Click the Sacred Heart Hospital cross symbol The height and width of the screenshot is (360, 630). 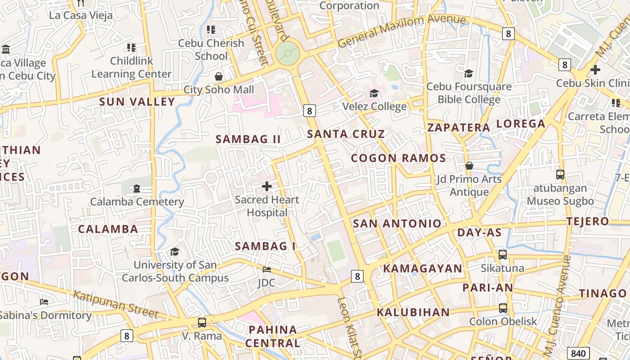(x=267, y=186)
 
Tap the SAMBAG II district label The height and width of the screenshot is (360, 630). (x=248, y=139)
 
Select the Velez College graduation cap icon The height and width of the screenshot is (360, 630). (x=374, y=93)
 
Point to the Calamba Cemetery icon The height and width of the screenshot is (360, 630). (x=137, y=188)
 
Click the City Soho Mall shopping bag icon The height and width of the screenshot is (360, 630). (x=219, y=76)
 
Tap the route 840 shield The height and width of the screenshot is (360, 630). (x=578, y=353)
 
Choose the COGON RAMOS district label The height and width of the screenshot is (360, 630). (x=398, y=158)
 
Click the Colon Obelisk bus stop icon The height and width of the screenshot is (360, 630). (x=503, y=308)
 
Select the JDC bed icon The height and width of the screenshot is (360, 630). (x=267, y=270)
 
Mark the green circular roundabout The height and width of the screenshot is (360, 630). (x=287, y=54)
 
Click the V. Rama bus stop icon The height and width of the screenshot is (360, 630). (x=202, y=322)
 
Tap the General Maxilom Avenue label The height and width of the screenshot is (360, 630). (x=401, y=31)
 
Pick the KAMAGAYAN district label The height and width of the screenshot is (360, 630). (x=423, y=269)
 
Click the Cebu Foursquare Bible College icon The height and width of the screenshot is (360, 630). (x=469, y=73)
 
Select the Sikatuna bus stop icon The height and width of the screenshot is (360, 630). (x=503, y=255)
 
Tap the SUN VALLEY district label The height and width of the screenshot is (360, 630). (x=137, y=102)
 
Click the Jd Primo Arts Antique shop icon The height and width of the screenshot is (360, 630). (x=469, y=166)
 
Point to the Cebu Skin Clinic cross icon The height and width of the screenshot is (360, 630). (x=595, y=70)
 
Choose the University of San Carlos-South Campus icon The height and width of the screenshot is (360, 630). (x=175, y=252)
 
